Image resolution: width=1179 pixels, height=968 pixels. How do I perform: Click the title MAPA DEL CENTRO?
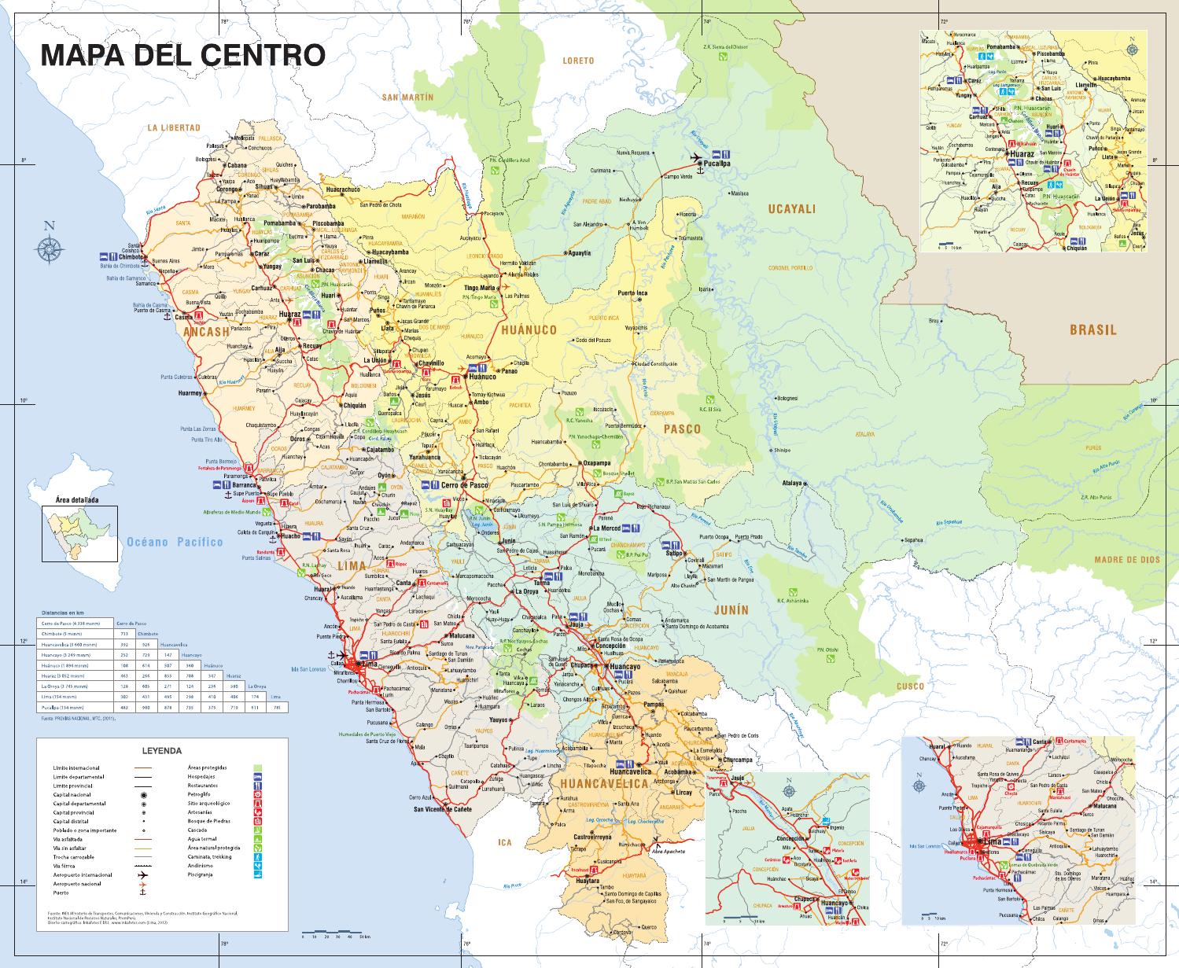coord(182,55)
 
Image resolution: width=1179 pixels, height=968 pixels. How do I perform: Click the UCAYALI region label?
coord(792,208)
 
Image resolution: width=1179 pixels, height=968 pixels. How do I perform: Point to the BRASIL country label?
coord(1092,329)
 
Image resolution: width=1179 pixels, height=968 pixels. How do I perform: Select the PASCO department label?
coord(681,429)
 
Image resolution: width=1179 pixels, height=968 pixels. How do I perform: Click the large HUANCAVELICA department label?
coord(604,783)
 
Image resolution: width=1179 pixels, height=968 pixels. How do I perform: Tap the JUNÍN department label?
coord(731,609)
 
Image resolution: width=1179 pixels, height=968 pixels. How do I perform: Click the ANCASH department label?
coord(206,332)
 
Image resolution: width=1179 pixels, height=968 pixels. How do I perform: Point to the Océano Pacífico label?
coord(175,541)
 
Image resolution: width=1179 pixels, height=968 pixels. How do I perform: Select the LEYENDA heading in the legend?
coord(162,751)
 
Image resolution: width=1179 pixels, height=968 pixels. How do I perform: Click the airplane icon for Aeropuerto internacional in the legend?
coord(143,874)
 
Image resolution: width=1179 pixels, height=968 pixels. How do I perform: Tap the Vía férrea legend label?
coord(64,866)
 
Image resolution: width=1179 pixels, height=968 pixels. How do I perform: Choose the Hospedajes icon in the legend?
coord(257,776)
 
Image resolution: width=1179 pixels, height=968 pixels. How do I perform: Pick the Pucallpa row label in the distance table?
coord(60,708)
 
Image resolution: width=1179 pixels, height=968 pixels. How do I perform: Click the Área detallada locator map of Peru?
coord(79,533)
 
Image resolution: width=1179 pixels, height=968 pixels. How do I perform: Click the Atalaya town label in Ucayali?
coord(791,483)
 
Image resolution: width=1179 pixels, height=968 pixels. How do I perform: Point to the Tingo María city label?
coord(484,288)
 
